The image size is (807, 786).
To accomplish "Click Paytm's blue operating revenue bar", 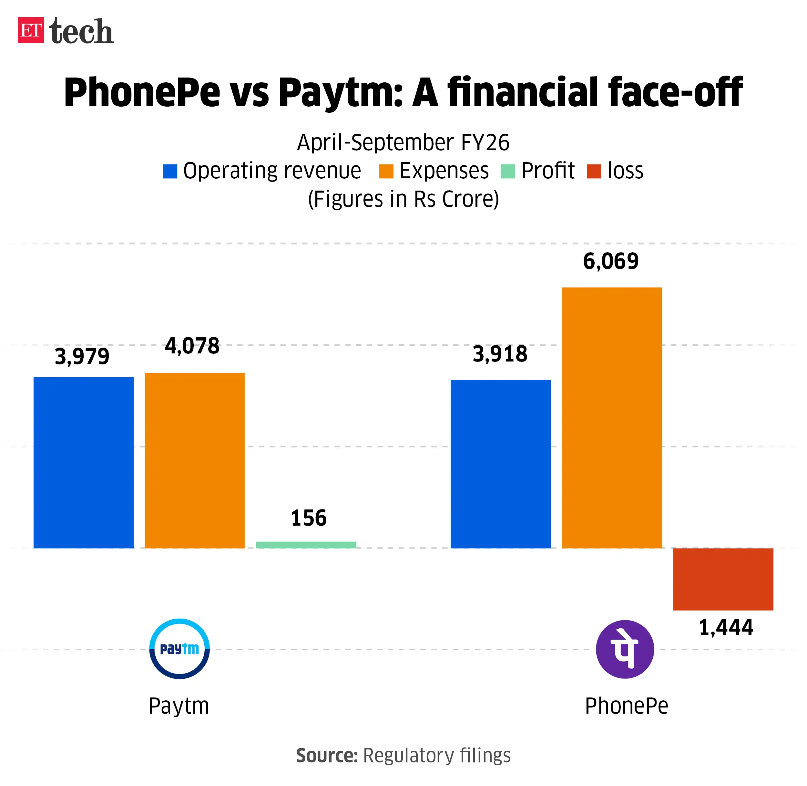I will pyautogui.click(x=83, y=462).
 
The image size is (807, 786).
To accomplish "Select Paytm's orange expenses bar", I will pyautogui.click(x=195, y=460).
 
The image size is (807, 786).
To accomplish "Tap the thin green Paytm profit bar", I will pyautogui.click(x=306, y=544).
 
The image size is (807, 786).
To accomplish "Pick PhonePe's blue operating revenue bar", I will pyautogui.click(x=500, y=464).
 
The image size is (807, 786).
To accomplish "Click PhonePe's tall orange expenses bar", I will pyautogui.click(x=612, y=417).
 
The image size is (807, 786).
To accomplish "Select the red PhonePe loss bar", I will pyautogui.click(x=723, y=579).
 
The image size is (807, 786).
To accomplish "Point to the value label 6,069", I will pyautogui.click(x=611, y=261).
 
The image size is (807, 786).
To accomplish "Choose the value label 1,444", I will pyautogui.click(x=726, y=627).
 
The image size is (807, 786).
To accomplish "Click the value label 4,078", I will pyautogui.click(x=192, y=346).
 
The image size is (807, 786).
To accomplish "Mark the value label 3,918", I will pyautogui.click(x=500, y=354).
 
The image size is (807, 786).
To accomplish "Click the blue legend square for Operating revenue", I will pyautogui.click(x=170, y=171).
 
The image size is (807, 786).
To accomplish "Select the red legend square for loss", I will pyautogui.click(x=594, y=171).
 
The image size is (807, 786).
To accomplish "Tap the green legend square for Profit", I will pyautogui.click(x=507, y=171).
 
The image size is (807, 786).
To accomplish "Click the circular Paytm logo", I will pyautogui.click(x=179, y=648).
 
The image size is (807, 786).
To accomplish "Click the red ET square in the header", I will pyautogui.click(x=31, y=30).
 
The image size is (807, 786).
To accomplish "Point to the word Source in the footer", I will pyautogui.click(x=327, y=755).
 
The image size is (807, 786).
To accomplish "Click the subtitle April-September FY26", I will pyautogui.click(x=403, y=143).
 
